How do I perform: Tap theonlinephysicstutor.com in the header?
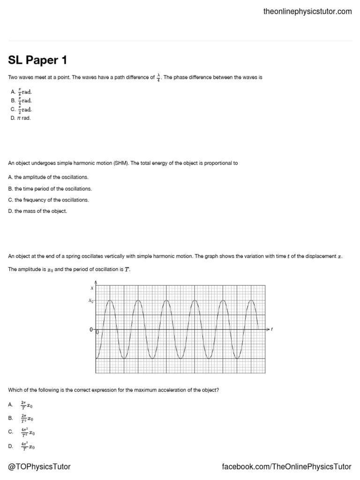(x=307, y=11)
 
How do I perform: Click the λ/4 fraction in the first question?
(x=159, y=77)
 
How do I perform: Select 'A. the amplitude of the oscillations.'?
(x=48, y=177)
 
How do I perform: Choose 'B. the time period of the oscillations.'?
(x=50, y=188)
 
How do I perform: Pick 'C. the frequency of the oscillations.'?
(x=48, y=200)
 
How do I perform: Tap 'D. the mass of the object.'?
(x=38, y=211)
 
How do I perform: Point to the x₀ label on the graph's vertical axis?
(x=91, y=300)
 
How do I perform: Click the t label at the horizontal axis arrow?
(x=272, y=330)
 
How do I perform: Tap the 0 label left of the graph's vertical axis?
(x=91, y=330)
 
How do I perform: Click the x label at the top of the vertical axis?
(x=92, y=288)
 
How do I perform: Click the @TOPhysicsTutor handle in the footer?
(x=39, y=467)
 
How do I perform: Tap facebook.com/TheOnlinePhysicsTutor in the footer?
(x=286, y=467)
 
